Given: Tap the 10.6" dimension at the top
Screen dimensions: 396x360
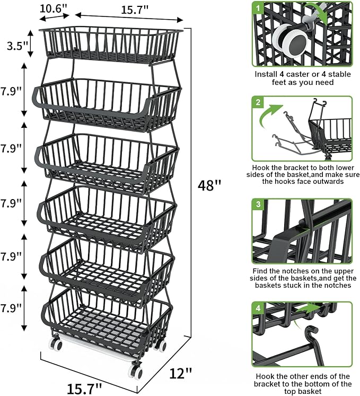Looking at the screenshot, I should coord(54,9).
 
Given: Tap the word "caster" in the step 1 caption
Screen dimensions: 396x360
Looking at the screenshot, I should coord(294,74).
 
